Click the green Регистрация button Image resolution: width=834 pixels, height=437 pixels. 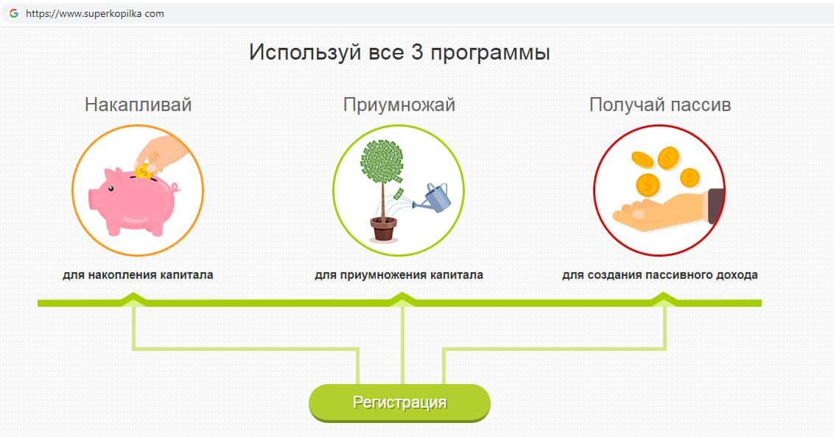399,403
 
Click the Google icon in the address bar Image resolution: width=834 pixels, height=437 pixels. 14,13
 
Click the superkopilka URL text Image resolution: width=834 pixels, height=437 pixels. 95,14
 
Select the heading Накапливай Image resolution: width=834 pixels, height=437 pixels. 138,104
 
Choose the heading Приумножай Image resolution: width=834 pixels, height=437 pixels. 399,104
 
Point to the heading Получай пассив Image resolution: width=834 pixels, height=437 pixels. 660,104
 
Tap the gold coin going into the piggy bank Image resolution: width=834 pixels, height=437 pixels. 143,171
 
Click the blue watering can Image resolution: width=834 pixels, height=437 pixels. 433,197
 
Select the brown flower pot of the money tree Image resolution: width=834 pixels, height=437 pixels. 384,228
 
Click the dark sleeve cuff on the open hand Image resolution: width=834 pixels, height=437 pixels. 715,206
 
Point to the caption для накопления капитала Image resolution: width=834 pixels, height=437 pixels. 138,275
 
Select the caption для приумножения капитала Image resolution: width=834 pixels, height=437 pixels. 399,275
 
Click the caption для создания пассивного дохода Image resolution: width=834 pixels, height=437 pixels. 660,275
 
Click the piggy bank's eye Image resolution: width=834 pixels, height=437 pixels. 111,188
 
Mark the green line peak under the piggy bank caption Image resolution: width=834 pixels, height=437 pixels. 133,294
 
